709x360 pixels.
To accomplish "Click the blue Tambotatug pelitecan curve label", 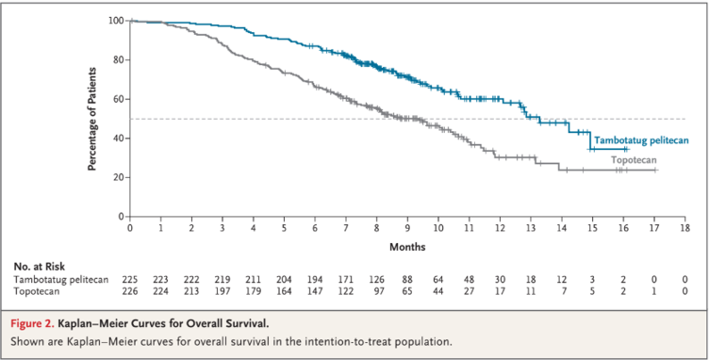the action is click(x=641, y=140).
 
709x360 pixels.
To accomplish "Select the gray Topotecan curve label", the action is click(x=634, y=160).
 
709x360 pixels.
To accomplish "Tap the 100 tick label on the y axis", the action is click(x=115, y=21).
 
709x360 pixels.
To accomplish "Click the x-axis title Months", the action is click(x=407, y=247).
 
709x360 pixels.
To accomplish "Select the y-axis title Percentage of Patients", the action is click(x=92, y=120).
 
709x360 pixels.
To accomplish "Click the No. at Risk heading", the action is click(x=40, y=267).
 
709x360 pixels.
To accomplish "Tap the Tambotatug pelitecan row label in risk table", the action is click(x=61, y=280).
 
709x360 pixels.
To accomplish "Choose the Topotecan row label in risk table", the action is click(x=37, y=291).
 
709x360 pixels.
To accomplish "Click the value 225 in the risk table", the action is click(x=130, y=280).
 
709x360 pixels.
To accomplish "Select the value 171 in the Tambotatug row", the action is click(x=346, y=280).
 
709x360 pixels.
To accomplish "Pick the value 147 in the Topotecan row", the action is click(x=315, y=291).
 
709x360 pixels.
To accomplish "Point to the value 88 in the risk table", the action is click(x=407, y=280).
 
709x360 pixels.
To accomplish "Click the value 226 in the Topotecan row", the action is click(x=130, y=291).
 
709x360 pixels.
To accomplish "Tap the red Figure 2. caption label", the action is click(x=32, y=324).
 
